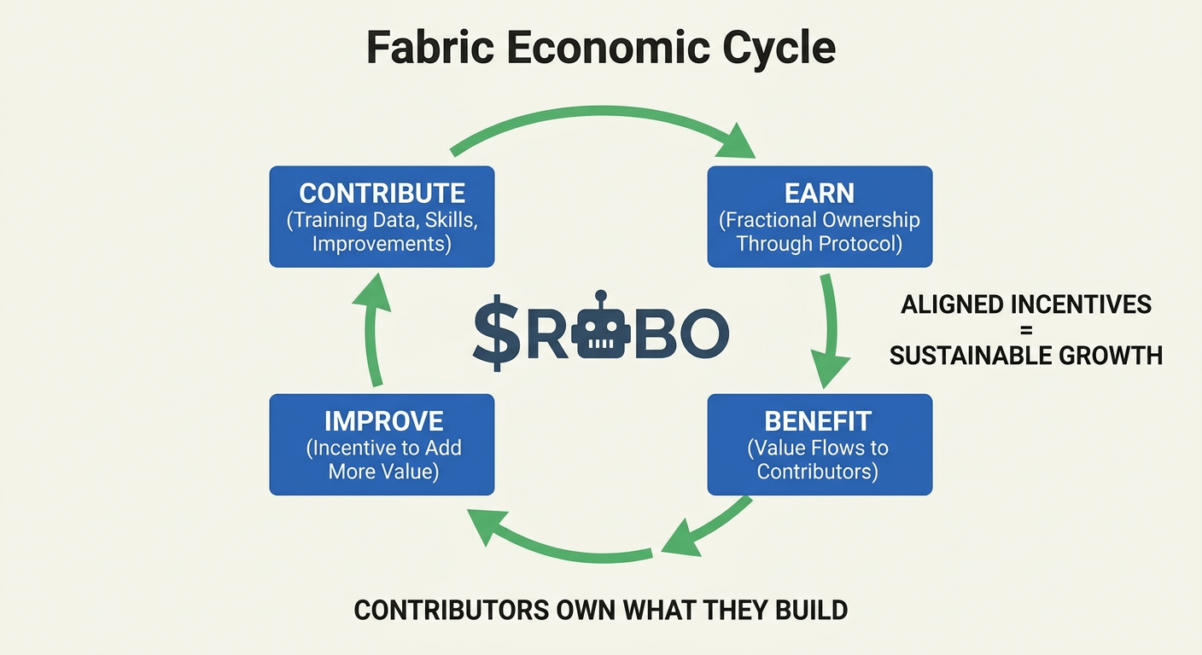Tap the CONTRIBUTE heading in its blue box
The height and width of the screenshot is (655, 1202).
(x=382, y=193)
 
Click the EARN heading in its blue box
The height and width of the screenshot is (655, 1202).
(x=820, y=193)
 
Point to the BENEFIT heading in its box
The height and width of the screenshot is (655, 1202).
(x=818, y=420)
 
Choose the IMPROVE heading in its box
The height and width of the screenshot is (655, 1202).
(x=383, y=420)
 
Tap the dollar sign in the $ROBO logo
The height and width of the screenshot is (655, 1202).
(x=496, y=332)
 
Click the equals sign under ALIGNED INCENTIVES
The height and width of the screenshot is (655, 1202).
(x=1025, y=329)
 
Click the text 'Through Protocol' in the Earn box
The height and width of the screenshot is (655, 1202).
(x=819, y=244)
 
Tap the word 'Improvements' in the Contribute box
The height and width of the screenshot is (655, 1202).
(x=382, y=244)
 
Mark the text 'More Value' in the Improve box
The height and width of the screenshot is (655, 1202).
(x=383, y=471)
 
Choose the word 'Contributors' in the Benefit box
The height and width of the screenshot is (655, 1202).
(x=817, y=471)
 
